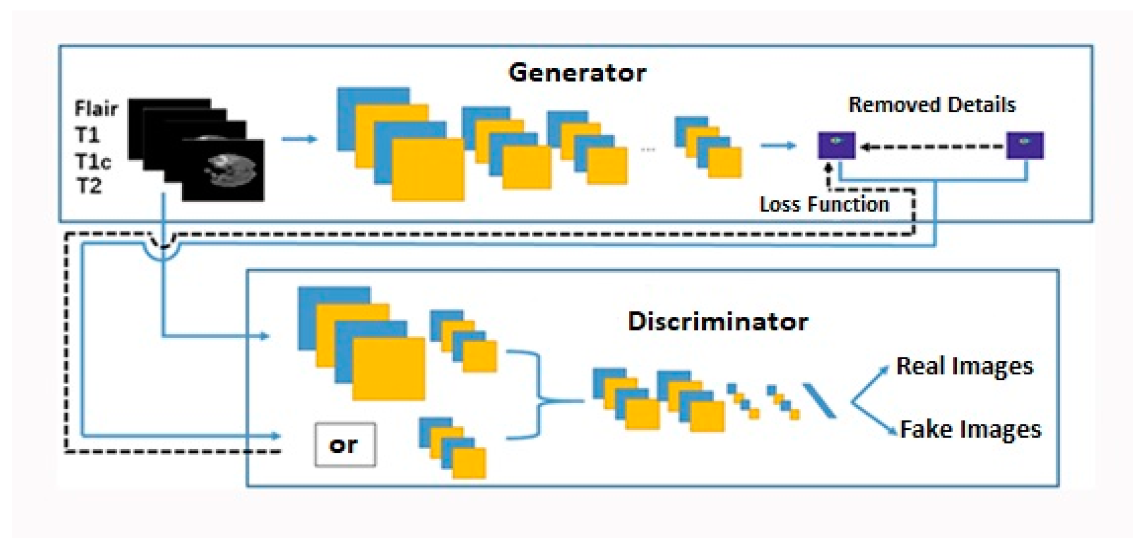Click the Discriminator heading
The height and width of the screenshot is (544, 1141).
pos(717,321)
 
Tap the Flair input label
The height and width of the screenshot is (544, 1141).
pos(96,108)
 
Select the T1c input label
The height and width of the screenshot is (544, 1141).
pos(93,161)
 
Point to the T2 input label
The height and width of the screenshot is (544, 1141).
pos(88,186)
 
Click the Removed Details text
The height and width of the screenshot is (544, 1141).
pos(932,105)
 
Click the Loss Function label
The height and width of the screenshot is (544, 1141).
pos(824,204)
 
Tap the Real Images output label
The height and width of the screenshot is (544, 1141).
pos(965,366)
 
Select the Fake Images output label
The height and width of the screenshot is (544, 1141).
pos(970,429)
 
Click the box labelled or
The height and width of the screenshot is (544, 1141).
pos(345,445)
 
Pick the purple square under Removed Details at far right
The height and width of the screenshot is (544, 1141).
pos(1025,146)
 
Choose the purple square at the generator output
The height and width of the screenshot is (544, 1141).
pos(836,146)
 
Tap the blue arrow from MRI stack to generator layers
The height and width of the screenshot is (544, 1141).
pos(299,139)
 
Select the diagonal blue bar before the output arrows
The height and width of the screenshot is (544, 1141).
pos(819,401)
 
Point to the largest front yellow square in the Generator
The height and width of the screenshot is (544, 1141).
pos(427,169)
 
